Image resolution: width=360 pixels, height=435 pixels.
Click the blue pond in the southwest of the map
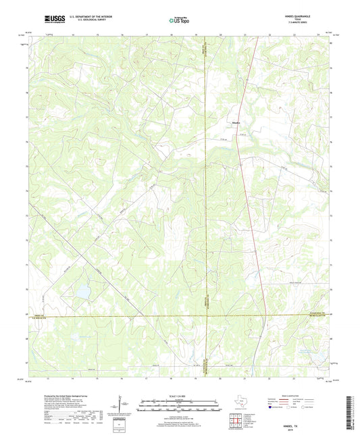[83, 291]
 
